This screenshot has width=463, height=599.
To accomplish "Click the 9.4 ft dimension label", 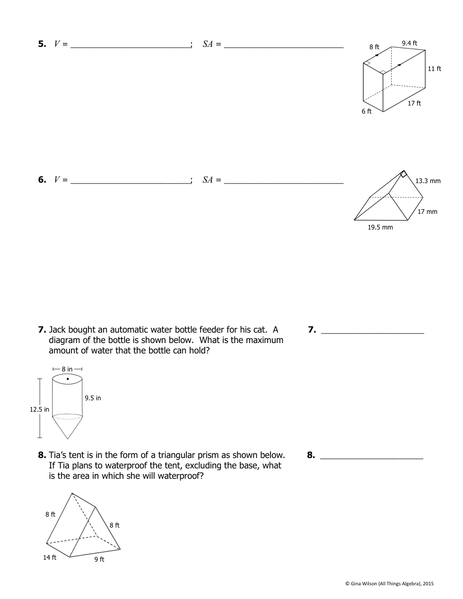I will (409, 43).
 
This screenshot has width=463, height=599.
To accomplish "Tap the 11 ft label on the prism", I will (434, 69).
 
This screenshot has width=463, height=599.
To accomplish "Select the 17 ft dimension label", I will (414, 103).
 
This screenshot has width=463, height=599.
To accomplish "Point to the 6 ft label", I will (367, 111).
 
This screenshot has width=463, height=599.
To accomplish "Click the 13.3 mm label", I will (428, 181).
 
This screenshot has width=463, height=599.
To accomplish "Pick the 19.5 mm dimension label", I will (380, 227).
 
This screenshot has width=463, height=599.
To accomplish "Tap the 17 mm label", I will (427, 211).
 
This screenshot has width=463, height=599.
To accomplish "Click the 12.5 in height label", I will (39, 409).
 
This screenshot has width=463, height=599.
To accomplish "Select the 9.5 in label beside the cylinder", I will (93, 398).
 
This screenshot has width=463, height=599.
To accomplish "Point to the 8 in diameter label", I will (67, 369).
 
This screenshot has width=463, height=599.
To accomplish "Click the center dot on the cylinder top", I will (68, 379).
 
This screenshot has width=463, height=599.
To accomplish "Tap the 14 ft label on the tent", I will (50, 557).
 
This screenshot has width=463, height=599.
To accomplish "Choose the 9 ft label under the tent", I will (99, 559).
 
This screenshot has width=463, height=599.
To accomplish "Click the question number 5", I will (42, 44).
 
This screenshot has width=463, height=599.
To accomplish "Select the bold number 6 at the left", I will (42, 179).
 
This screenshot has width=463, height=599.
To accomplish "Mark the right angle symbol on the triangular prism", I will (403, 174).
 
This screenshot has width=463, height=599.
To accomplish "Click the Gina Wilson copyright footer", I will (389, 583).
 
